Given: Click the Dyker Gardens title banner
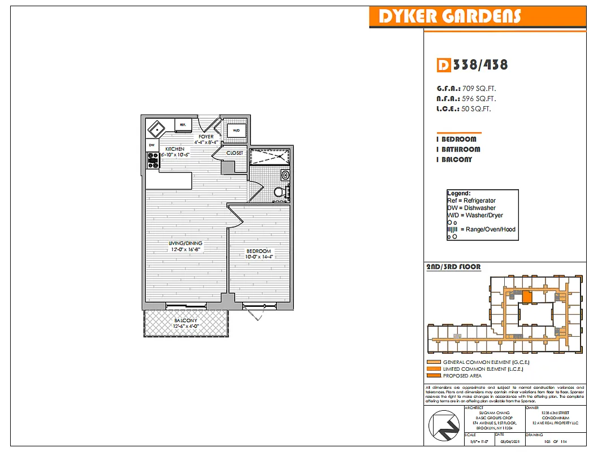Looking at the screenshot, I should (449, 16).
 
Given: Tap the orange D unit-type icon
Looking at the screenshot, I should (444, 65).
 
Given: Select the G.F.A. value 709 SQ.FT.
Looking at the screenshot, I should (479, 89).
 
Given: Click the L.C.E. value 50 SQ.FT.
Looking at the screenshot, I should (476, 109).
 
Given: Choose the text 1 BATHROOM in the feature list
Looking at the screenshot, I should (458, 149).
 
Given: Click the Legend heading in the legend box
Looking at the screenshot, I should (459, 193).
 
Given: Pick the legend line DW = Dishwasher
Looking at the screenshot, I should (471, 208).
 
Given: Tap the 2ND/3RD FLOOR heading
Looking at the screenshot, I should (453, 267).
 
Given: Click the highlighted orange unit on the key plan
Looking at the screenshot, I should (526, 297).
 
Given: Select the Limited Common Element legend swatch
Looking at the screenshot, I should (434, 369).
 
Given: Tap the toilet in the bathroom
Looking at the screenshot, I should (279, 192).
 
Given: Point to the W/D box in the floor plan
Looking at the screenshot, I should (235, 131).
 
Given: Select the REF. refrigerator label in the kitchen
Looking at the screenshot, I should (183, 124).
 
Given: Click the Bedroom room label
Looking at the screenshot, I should (258, 251).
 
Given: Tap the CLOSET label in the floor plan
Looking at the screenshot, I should (235, 153).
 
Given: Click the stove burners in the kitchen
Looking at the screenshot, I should (153, 162).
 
